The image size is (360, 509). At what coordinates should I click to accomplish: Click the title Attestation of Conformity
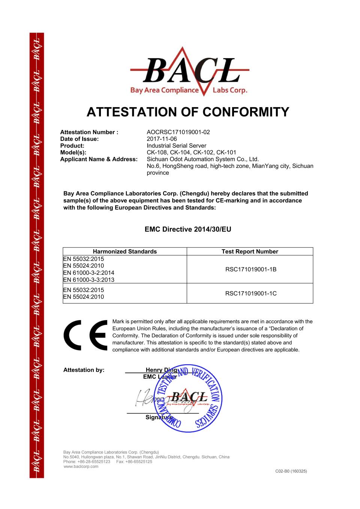(x=188, y=112)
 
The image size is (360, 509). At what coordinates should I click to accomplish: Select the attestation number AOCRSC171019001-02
(x=178, y=132)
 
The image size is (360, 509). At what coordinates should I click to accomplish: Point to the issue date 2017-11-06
(x=162, y=139)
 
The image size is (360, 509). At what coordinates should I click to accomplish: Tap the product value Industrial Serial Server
(x=176, y=146)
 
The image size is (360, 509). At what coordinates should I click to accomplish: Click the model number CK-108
(x=156, y=153)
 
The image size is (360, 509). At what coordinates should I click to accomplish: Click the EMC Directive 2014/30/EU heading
(x=188, y=229)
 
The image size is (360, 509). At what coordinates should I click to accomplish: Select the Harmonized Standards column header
(x=125, y=252)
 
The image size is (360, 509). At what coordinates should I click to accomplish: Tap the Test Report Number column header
(x=250, y=252)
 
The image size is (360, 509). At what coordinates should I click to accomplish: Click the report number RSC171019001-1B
(x=250, y=269)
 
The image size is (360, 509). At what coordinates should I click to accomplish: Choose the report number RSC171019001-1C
(x=250, y=293)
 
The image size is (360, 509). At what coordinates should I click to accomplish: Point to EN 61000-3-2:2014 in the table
(x=88, y=273)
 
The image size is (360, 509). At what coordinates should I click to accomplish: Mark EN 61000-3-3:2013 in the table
(x=88, y=280)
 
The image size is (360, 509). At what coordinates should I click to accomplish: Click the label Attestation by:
(x=84, y=370)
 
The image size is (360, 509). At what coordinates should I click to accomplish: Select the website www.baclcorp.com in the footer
(x=81, y=467)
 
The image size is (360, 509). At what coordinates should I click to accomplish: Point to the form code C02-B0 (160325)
(x=291, y=471)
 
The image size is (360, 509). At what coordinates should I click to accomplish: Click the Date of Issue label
(x=79, y=139)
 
